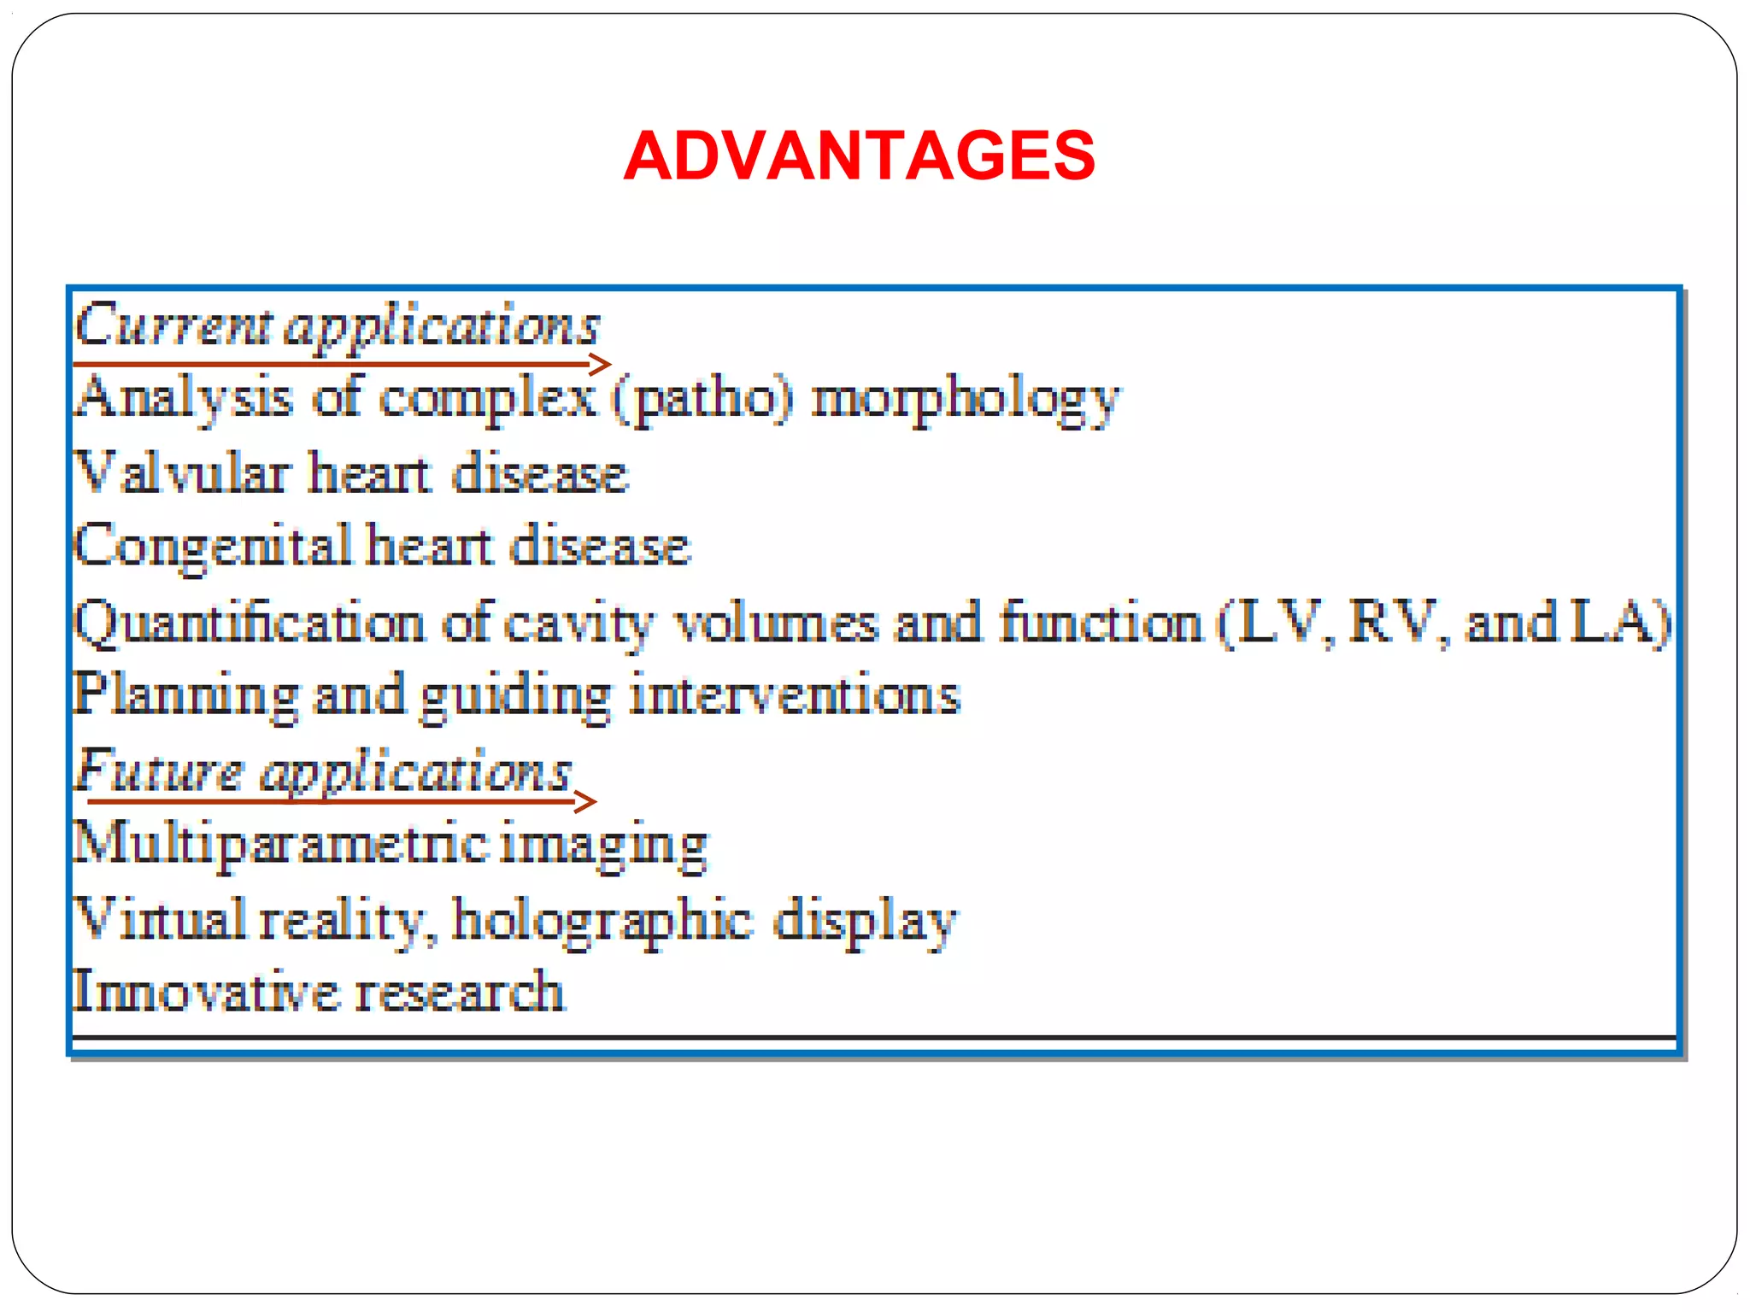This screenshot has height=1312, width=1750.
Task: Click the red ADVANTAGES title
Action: click(859, 155)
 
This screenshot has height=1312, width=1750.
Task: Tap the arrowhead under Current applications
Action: click(602, 365)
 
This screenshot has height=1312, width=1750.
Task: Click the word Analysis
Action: click(184, 398)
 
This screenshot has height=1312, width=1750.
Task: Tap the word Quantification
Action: click(249, 622)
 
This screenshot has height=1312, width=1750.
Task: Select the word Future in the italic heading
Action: click(159, 770)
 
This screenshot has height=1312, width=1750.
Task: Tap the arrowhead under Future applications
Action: click(586, 801)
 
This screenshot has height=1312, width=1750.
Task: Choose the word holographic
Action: click(602, 921)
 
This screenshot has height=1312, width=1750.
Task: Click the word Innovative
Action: click(205, 992)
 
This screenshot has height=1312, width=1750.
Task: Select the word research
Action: click(459, 992)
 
